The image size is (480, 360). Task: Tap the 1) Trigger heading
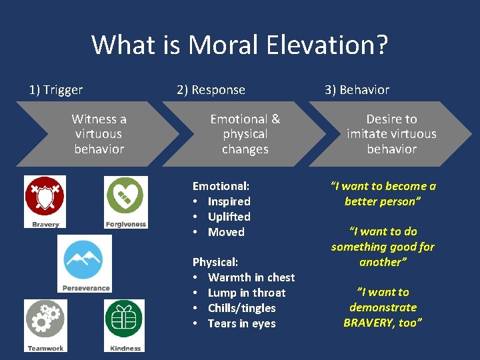[x=56, y=90]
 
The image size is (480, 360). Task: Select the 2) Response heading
[x=211, y=90]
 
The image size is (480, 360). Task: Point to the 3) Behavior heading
[x=357, y=90]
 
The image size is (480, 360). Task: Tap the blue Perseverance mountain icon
[x=85, y=259]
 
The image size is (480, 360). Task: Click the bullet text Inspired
[x=229, y=201]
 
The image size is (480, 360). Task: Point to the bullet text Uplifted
[x=229, y=217]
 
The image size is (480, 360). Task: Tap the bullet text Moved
[x=226, y=232]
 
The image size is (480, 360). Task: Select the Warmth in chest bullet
[x=251, y=277]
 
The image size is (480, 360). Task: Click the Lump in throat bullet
[x=246, y=293]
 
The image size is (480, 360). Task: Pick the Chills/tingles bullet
[x=241, y=308]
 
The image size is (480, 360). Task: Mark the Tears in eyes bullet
[x=241, y=323]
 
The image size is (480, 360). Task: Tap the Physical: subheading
[x=215, y=262]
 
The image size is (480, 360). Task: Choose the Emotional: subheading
[x=221, y=186]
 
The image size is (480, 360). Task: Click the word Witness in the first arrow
[x=94, y=119]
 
